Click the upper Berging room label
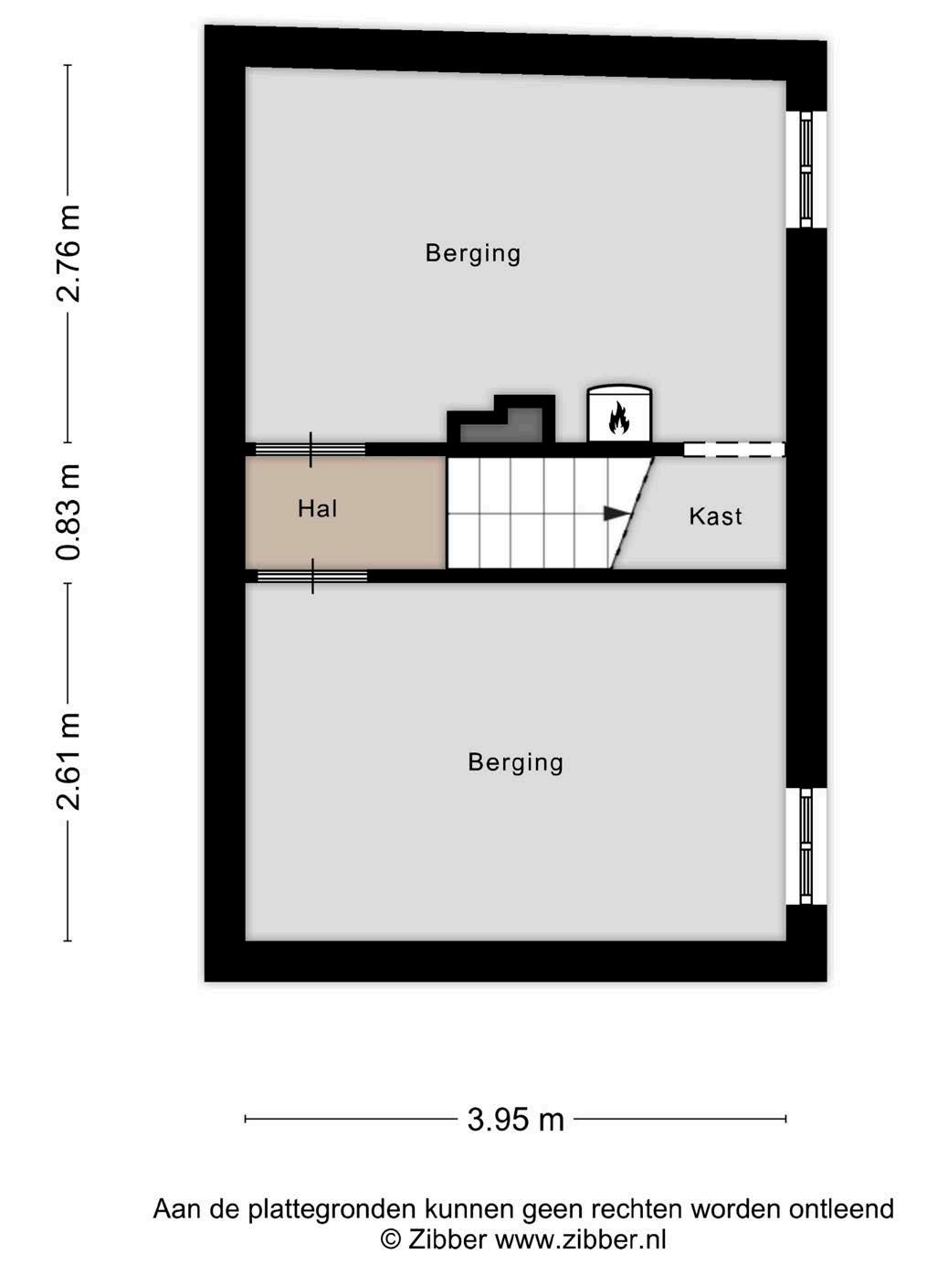point(472,253)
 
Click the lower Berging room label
point(515,762)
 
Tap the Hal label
point(317,508)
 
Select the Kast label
point(715,516)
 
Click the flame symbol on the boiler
point(619,418)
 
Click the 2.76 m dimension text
point(68,253)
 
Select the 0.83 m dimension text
point(68,513)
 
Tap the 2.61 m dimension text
point(68,761)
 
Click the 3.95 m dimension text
point(515,1119)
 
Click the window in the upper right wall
point(806,169)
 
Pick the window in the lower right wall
point(806,846)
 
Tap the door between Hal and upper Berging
point(311,450)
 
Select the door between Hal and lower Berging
point(312,576)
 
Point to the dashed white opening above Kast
point(734,450)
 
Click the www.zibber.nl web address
point(580,1238)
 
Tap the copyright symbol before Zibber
point(391,1239)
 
